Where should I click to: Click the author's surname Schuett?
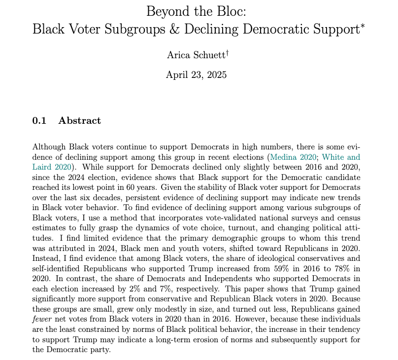click(x=206, y=55)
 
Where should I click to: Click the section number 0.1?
click(x=39, y=120)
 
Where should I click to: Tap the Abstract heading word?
click(x=80, y=120)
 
